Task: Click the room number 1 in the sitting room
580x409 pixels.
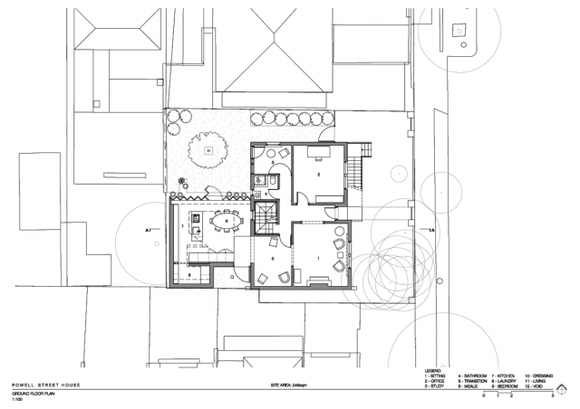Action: click(x=318, y=258)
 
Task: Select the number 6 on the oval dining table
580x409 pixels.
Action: click(x=226, y=220)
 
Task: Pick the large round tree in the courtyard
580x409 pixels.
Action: click(x=208, y=150)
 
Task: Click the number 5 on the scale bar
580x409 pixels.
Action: click(x=553, y=396)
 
